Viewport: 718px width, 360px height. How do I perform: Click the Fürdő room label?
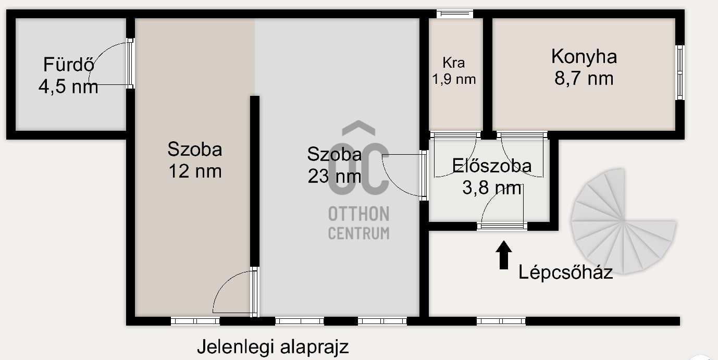(68, 65)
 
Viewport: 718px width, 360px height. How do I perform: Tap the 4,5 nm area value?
(68, 86)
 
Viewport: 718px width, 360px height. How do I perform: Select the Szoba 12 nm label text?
(194, 160)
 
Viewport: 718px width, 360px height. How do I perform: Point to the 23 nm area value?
(334, 176)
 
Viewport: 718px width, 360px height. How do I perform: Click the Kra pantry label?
(453, 63)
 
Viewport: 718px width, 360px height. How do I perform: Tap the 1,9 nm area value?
(453, 79)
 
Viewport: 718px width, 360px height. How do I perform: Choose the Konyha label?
(584, 56)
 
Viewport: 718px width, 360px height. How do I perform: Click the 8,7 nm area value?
(584, 78)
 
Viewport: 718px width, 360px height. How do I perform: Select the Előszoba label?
(492, 166)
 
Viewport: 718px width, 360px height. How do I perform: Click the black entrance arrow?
(503, 255)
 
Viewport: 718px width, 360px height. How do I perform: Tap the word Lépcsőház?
(565, 272)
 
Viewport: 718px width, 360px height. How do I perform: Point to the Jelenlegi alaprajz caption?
(273, 347)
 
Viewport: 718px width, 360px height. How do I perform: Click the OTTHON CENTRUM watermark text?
(358, 223)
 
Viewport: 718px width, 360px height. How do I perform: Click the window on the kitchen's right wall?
(679, 72)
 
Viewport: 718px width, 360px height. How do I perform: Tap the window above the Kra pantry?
(454, 14)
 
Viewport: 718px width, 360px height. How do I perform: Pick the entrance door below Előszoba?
(502, 226)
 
